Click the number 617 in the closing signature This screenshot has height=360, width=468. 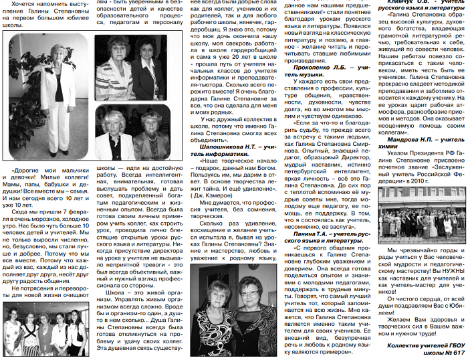tap(457, 351)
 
